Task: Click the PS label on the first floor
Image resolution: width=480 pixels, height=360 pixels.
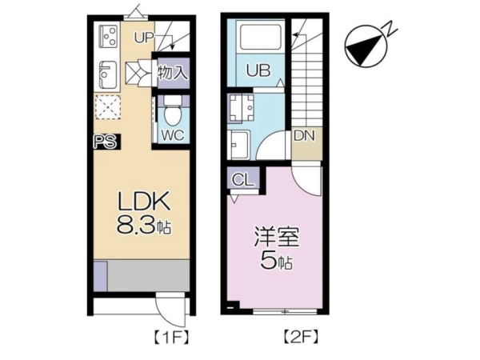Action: [106, 142]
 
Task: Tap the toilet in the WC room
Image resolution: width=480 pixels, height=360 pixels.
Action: [172, 111]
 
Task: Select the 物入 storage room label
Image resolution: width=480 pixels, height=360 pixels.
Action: [172, 73]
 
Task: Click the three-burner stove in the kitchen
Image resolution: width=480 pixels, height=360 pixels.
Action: [109, 36]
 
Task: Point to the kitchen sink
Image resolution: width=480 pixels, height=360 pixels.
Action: [108, 74]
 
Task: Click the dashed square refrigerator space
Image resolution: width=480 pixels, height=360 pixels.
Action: [107, 107]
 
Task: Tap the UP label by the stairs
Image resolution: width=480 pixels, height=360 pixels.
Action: [144, 38]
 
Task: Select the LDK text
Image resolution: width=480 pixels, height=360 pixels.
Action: [144, 201]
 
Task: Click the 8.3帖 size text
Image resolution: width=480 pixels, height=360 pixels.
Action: [144, 226]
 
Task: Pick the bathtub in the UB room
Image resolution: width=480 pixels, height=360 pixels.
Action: [261, 37]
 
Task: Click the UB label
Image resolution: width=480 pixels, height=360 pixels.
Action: [258, 70]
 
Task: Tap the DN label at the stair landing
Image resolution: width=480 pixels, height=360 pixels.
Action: [304, 136]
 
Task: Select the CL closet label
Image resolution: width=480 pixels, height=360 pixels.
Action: [243, 180]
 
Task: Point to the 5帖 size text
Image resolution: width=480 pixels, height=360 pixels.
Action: [276, 261]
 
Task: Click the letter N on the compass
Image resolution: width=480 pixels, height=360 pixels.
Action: [390, 29]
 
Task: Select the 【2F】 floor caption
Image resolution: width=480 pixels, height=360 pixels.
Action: [300, 337]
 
